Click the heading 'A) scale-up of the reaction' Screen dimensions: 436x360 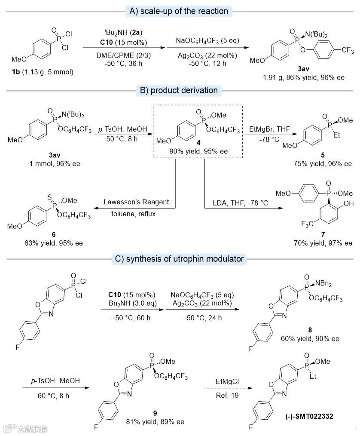point(179,11)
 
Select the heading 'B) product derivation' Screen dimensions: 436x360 point(179,91)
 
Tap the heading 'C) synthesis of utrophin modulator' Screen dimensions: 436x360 point(179,258)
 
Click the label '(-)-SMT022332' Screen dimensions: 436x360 point(306,417)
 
